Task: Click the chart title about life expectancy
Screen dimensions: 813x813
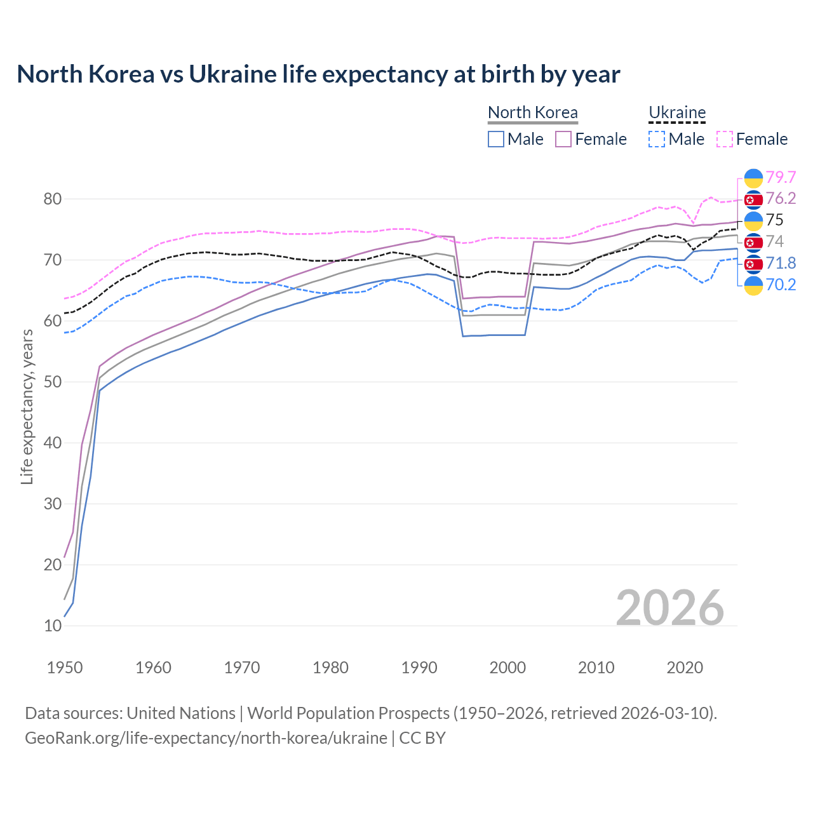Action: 318,74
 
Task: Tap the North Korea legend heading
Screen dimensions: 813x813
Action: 532,112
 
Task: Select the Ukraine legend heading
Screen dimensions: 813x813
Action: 677,112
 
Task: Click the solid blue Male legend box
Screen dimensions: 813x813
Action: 496,139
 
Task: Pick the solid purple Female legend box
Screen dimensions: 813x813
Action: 564,139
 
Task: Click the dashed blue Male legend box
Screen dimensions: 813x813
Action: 657,139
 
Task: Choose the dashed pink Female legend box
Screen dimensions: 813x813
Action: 725,139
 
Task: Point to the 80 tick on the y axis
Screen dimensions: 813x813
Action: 53,199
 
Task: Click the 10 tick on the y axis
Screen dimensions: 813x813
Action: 53,626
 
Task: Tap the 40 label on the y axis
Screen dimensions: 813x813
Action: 53,443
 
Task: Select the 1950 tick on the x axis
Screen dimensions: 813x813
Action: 65,668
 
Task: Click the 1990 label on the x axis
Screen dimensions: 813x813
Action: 419,668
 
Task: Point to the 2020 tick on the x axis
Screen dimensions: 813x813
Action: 685,668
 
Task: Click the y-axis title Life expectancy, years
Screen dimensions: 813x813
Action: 27,406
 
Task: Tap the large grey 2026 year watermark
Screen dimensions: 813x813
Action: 670,608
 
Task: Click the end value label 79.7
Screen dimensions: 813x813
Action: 781,177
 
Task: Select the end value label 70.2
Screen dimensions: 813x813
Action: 781,285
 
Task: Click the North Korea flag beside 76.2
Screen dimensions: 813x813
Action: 753,199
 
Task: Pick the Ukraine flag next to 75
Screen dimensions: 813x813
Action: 753,220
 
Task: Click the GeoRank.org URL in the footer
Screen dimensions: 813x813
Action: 206,738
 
